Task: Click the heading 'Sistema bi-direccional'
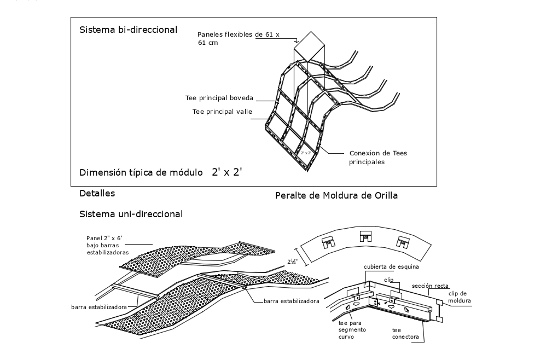click(129, 30)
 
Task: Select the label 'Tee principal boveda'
click(219, 98)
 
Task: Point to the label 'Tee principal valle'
click(223, 112)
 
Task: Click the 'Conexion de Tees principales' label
click(378, 158)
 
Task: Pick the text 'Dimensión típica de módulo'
click(141, 172)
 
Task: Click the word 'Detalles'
click(97, 193)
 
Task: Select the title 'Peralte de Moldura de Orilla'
click(336, 195)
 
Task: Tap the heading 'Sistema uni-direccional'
click(131, 213)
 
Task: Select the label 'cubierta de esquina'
click(392, 267)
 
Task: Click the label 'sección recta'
click(431, 286)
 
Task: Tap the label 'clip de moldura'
click(461, 297)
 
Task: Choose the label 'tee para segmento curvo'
click(352, 330)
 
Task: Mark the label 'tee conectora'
click(405, 333)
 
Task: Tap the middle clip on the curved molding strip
click(365, 236)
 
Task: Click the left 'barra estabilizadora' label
click(99, 307)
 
